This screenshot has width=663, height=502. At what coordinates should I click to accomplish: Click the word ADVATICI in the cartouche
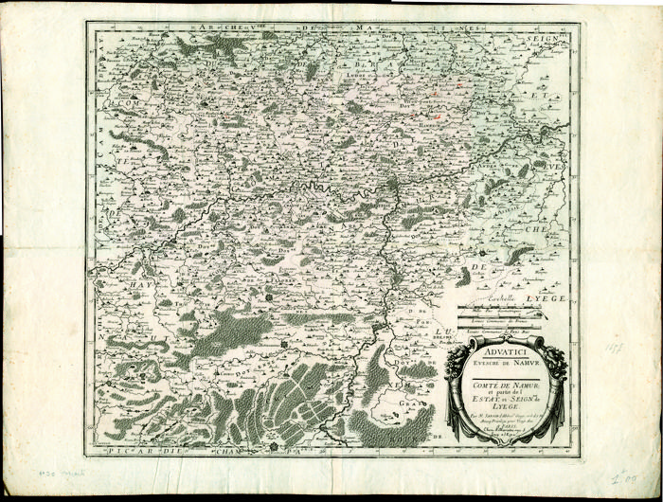[x=504, y=346]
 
